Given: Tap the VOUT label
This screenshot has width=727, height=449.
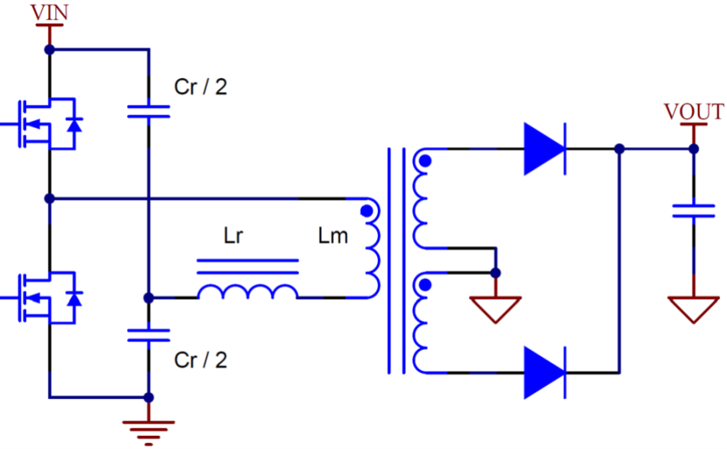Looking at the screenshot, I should (x=693, y=112).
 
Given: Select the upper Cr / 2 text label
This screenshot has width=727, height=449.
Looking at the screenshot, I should (x=200, y=87).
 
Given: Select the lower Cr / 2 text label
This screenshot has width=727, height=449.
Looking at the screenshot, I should (x=200, y=359).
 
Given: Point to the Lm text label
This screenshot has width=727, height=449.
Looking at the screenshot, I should (x=333, y=236).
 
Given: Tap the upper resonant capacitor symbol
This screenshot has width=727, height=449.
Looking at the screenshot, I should (x=148, y=112).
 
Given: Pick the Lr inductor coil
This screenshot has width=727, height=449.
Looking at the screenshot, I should (x=248, y=291).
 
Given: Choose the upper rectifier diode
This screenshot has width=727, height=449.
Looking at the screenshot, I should (x=545, y=149).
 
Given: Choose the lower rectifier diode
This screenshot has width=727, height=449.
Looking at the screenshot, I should (x=545, y=373).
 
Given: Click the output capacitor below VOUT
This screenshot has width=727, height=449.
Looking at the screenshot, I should (x=693, y=211).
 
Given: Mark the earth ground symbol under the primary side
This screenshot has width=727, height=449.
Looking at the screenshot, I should (x=148, y=430).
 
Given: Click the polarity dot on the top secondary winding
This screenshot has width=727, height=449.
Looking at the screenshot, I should (x=425, y=162).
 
